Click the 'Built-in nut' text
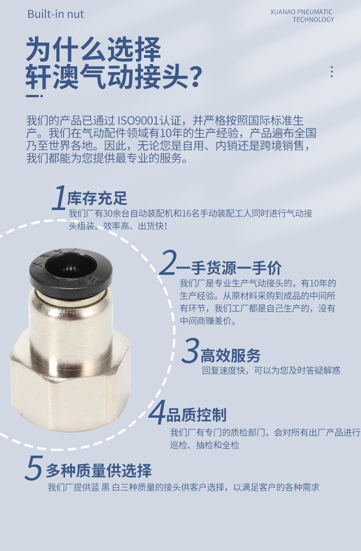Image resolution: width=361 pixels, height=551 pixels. pyautogui.click(x=56, y=14)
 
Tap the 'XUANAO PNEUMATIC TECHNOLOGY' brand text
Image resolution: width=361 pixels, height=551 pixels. pyautogui.click(x=302, y=16)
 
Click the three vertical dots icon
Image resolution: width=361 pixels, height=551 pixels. pyautogui.click(x=332, y=72)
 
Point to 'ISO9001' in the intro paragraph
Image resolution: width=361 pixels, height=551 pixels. pyautogui.click(x=138, y=121)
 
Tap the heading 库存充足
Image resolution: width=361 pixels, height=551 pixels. pyautogui.click(x=97, y=199)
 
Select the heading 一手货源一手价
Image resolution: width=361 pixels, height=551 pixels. pyautogui.click(x=229, y=268)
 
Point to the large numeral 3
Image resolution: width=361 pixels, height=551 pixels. pyautogui.click(x=190, y=351)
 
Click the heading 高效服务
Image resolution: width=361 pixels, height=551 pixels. pyautogui.click(x=231, y=355)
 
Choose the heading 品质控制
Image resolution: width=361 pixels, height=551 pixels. pyautogui.click(x=196, y=415)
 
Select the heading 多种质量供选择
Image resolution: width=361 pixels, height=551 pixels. pyautogui.click(x=99, y=470)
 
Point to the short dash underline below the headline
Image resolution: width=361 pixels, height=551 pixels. pyautogui.click(x=34, y=96)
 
